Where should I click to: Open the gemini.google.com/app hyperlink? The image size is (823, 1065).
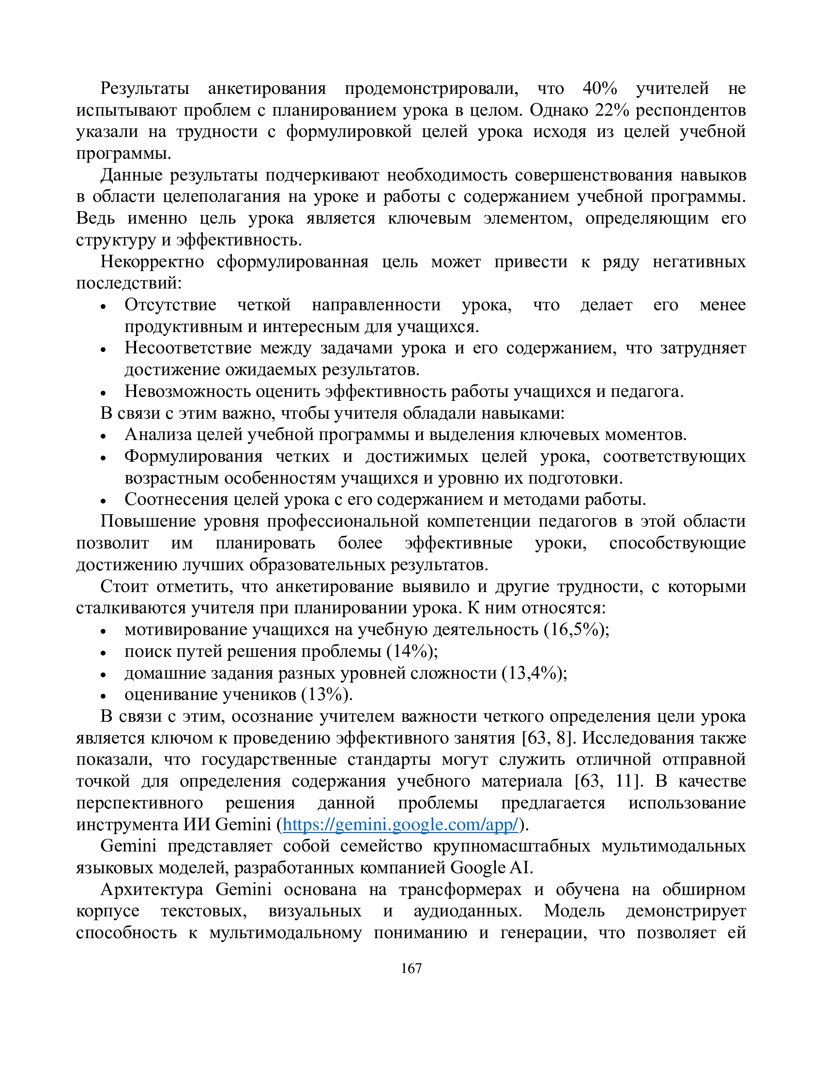[x=400, y=824]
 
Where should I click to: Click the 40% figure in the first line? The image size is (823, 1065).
[x=600, y=88]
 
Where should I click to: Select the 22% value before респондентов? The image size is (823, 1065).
[x=612, y=110]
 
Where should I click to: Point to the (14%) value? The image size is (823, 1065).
[x=412, y=651]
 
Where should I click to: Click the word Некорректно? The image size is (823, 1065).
[x=152, y=262]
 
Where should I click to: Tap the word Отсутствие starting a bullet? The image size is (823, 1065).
[x=170, y=305]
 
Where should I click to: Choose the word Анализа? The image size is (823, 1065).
[x=159, y=435]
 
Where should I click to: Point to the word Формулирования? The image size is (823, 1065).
[x=193, y=456]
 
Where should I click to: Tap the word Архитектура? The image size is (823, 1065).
[x=152, y=889]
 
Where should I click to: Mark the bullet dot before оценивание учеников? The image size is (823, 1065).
[x=103, y=697]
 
